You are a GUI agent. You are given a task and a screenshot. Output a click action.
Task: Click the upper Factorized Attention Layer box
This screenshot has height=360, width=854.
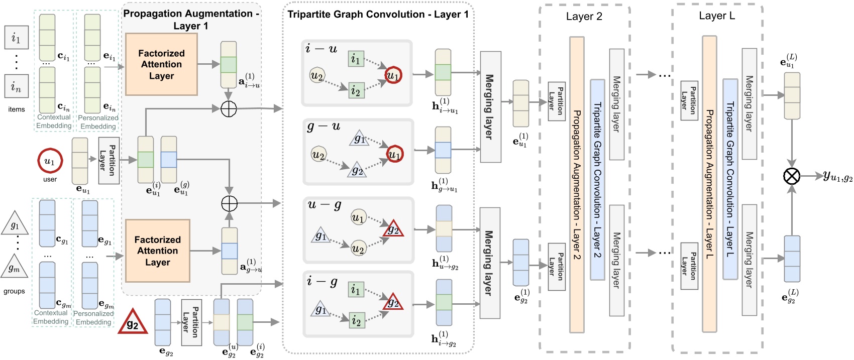pyautogui.click(x=161, y=64)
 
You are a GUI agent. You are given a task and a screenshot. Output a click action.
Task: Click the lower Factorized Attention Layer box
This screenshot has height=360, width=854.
pyautogui.click(x=157, y=251)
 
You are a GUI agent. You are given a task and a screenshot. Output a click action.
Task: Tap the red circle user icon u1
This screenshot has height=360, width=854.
pyautogui.click(x=50, y=161)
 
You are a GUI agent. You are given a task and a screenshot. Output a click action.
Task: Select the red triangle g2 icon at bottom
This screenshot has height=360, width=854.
pyautogui.click(x=133, y=323)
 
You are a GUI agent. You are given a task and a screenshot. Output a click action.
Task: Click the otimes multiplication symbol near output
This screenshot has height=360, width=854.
pyautogui.click(x=792, y=176)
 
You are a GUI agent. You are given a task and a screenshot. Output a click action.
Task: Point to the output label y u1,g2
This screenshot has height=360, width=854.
pyautogui.click(x=837, y=176)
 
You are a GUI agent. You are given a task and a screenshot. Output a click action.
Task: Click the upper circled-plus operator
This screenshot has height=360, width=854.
pyautogui.click(x=229, y=108)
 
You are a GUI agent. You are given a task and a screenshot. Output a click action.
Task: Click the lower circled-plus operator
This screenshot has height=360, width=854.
pyautogui.click(x=229, y=203)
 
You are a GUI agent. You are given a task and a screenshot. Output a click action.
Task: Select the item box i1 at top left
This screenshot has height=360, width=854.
pyautogui.click(x=16, y=38)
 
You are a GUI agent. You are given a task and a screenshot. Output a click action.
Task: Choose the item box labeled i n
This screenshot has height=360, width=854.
pyautogui.click(x=16, y=86)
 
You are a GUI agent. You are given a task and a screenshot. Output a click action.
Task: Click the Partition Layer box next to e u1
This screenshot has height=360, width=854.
pyautogui.click(x=109, y=160)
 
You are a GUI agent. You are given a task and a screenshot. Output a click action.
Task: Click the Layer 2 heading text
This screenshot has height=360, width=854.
pyautogui.click(x=584, y=17)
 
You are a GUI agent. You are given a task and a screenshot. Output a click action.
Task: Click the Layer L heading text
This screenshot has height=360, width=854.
pyautogui.click(x=716, y=16)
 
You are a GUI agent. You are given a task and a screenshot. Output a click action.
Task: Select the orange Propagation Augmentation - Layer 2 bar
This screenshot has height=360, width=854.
pyautogui.click(x=577, y=184)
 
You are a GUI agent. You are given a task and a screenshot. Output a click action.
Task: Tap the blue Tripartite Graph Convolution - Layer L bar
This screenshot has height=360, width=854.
pyautogui.click(x=730, y=179)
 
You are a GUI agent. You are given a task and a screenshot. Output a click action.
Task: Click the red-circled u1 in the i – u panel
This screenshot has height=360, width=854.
pyautogui.click(x=393, y=76)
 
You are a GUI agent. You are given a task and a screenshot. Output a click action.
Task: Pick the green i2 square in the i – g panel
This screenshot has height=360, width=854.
pyautogui.click(x=356, y=320)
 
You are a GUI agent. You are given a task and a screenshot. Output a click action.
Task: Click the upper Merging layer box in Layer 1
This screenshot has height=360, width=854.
pyautogui.click(x=490, y=106)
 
